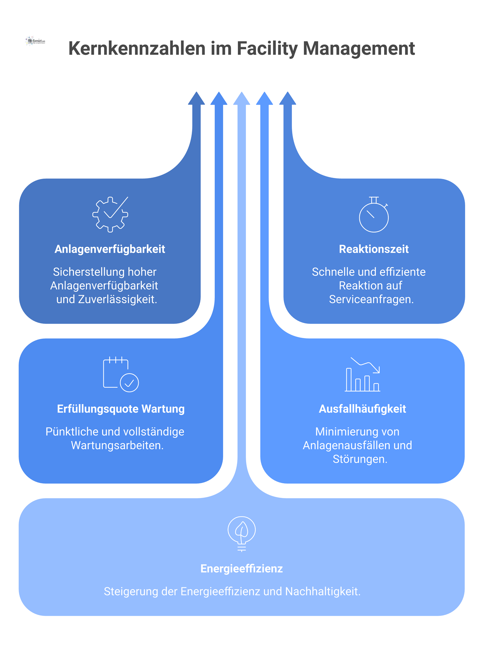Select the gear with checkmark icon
coord(110,214)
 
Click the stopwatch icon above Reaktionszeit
coord(374,215)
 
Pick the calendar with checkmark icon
coord(121,374)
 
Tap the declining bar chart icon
coord(362,374)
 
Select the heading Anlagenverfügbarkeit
coord(110,249)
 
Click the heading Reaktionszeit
coord(374,249)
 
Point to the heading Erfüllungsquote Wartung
coord(121,409)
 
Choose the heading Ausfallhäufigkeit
coord(362,409)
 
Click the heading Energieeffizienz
coord(242,569)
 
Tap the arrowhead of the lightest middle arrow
coord(242,99)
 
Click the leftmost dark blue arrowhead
coord(196,99)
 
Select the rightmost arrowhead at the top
coord(288,99)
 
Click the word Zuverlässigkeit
coord(117,300)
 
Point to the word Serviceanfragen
coord(371,300)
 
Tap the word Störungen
coord(360,459)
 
